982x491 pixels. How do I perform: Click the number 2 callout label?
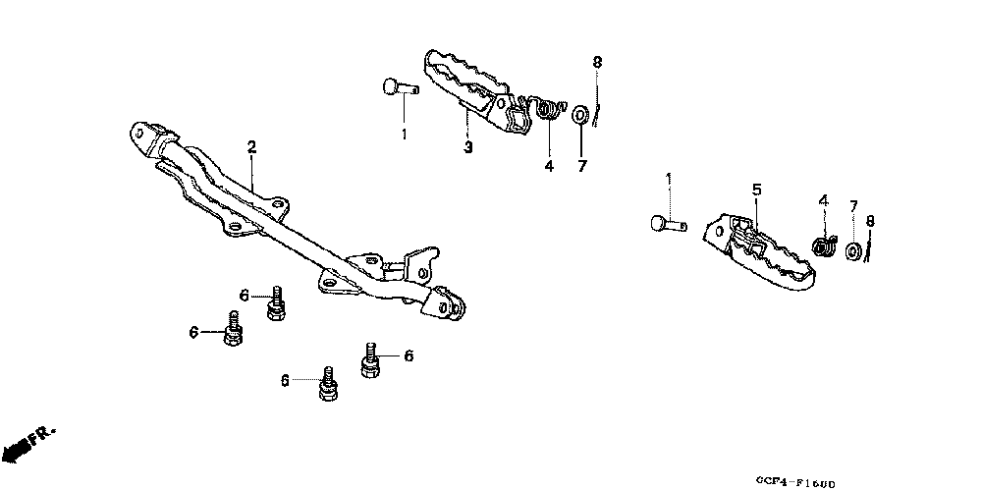(x=251, y=147)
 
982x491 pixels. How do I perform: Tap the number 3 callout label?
(x=467, y=148)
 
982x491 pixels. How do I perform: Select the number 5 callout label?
(x=757, y=189)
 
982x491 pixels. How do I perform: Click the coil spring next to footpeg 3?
(x=547, y=110)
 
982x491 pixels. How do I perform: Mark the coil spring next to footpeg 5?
(x=824, y=245)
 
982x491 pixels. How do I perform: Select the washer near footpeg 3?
(x=580, y=115)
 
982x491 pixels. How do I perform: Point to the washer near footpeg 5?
(x=855, y=252)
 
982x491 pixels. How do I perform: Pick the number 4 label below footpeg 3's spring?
(x=549, y=166)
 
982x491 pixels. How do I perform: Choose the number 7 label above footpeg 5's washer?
(x=853, y=206)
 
